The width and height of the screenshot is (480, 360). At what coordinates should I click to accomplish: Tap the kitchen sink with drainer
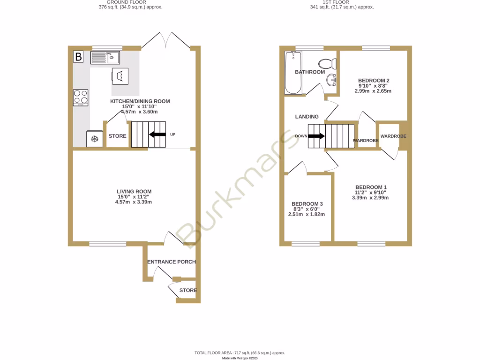tap(105, 58)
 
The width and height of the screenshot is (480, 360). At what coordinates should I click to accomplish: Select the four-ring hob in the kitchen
tap(81, 97)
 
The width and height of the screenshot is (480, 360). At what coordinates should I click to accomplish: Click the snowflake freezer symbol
tap(94, 139)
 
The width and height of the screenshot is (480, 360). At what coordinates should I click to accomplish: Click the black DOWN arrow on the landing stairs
tap(315, 136)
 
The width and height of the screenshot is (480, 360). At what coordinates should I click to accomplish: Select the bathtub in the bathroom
tap(293, 73)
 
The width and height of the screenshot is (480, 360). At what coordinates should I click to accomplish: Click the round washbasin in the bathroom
tap(332, 80)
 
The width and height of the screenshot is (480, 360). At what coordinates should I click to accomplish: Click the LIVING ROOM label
tap(134, 191)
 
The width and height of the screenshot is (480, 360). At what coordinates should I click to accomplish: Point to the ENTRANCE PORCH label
tap(172, 262)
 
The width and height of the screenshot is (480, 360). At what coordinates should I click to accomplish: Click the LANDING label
tap(307, 117)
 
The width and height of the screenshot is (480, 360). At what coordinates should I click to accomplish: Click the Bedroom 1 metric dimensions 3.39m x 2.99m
tap(370, 197)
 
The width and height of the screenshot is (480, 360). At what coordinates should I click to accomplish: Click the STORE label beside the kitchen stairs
tap(118, 136)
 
